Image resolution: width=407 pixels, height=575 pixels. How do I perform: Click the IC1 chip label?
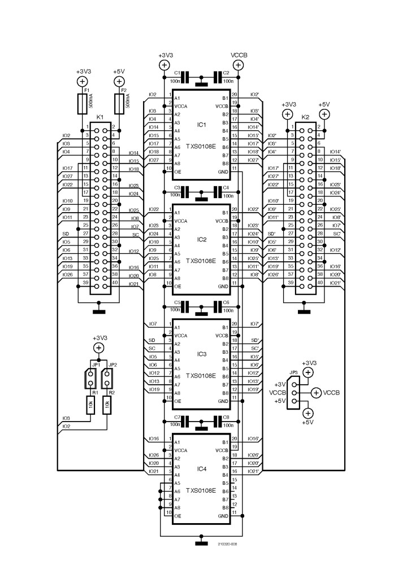tap(202, 125)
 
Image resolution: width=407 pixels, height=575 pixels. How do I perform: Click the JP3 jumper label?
tap(293, 373)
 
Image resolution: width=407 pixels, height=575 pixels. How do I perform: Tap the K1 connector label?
tap(100, 117)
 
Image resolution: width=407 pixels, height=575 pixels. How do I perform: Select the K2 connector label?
tap(305, 117)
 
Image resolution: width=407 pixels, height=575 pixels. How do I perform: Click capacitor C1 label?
tap(177, 73)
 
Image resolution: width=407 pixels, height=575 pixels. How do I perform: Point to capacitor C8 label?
tap(226, 418)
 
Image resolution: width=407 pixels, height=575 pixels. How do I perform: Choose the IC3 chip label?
tap(202, 354)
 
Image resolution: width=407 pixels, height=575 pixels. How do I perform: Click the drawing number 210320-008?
tap(227, 544)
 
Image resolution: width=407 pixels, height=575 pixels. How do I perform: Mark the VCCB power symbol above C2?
tap(238, 65)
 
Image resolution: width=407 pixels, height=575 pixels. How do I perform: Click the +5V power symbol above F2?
tap(119, 82)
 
